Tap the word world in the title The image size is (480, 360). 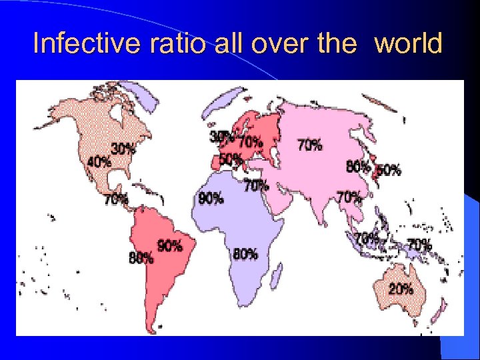(x=409, y=44)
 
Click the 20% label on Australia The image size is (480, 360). (x=401, y=289)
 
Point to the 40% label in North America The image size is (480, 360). (x=99, y=161)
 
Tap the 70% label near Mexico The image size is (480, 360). (x=116, y=198)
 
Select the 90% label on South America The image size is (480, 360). (x=169, y=246)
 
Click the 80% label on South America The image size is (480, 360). (x=141, y=258)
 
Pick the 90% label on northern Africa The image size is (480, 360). (x=211, y=198)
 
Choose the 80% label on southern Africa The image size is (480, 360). (x=245, y=253)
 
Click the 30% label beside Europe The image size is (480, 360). (x=220, y=136)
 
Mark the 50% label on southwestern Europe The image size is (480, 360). (x=230, y=159)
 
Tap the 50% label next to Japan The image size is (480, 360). (x=389, y=169)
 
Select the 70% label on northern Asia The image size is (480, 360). (x=310, y=143)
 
